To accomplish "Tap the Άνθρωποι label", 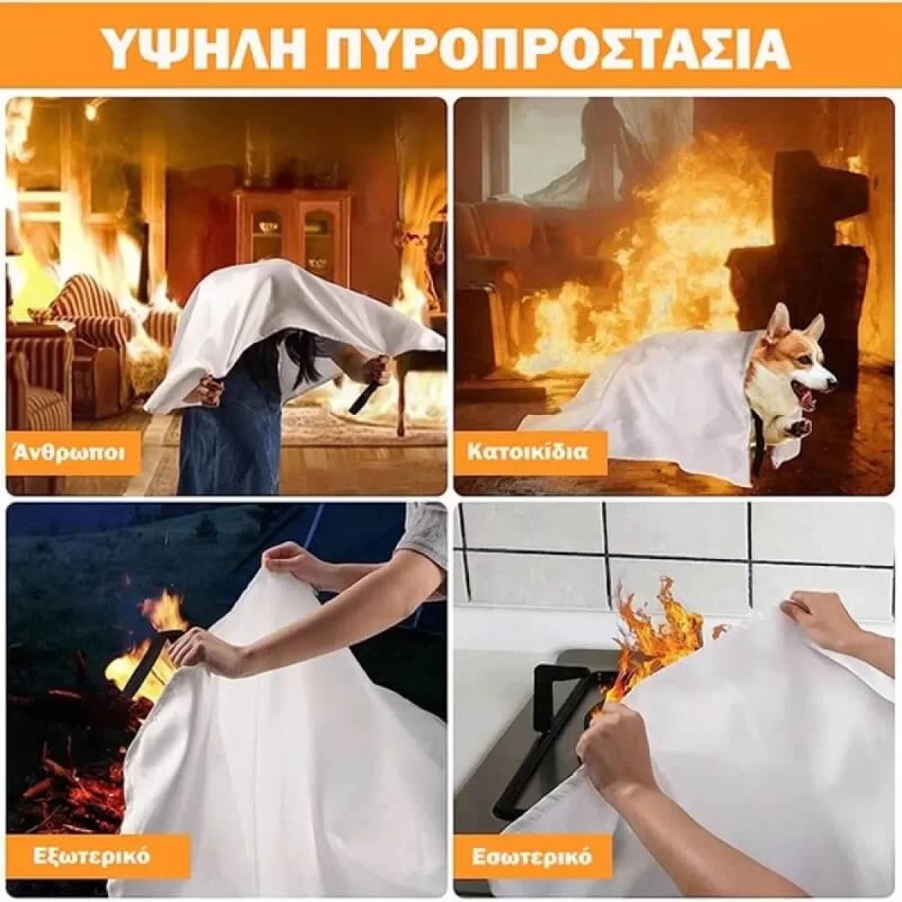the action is coord(70,453).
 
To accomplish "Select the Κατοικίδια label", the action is coord(528,453).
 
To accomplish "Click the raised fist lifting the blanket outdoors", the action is coord(286,561).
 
